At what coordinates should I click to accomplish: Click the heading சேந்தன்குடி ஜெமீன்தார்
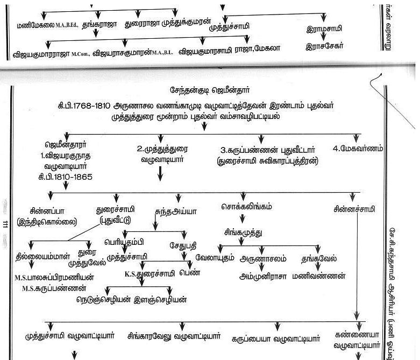(x=207, y=90)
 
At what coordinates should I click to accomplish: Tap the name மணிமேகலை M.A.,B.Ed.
(x=47, y=26)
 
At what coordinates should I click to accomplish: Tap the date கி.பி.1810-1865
(x=65, y=176)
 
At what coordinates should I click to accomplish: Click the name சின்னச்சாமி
(x=354, y=209)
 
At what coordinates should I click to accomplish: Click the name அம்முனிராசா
(x=262, y=277)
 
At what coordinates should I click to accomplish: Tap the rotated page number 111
(x=4, y=224)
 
